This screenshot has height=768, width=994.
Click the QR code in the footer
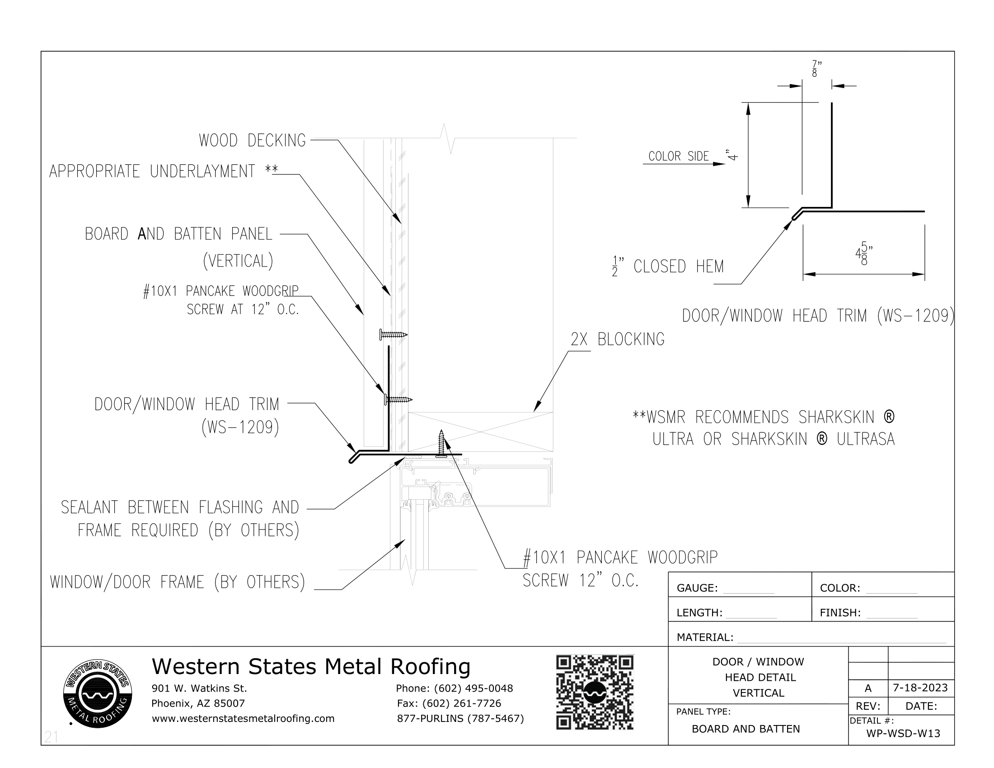(x=595, y=692)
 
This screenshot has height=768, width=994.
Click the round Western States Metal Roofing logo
(x=98, y=693)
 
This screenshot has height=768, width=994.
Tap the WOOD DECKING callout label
(x=252, y=140)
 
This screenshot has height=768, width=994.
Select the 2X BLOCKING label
(x=617, y=339)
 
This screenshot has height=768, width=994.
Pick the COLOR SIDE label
(x=678, y=156)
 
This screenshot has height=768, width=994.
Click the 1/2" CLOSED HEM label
(x=668, y=267)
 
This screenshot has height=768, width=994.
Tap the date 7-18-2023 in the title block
(x=920, y=688)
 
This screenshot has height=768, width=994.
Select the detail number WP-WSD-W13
(x=903, y=733)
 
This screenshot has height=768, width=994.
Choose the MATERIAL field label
(x=704, y=637)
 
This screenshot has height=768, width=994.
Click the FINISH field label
(x=840, y=613)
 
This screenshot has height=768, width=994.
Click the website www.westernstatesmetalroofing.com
(x=243, y=718)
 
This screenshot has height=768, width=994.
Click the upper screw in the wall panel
(x=393, y=335)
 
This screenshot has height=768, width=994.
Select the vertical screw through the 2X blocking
(x=441, y=442)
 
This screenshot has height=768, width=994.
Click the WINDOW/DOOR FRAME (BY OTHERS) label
(x=177, y=582)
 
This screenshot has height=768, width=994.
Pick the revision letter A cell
(x=868, y=688)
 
